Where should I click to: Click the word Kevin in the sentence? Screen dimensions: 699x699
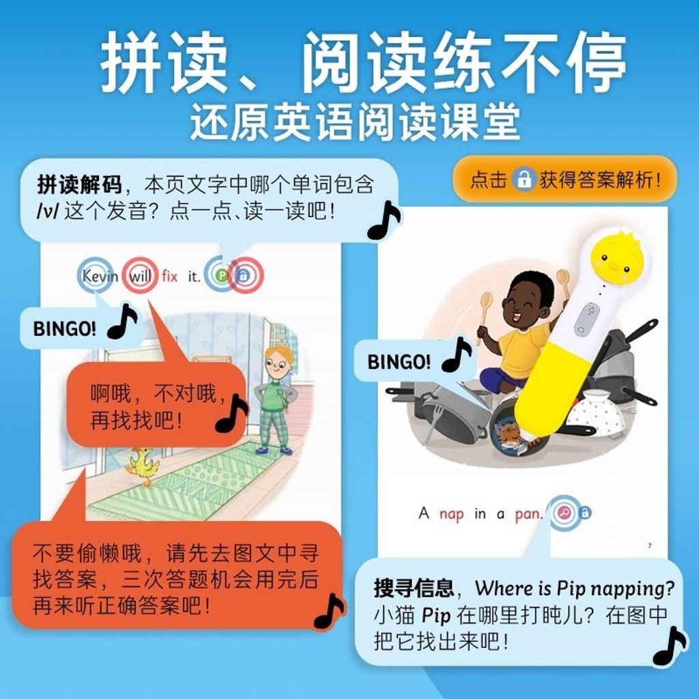(100, 276)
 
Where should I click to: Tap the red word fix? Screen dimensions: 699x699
(169, 276)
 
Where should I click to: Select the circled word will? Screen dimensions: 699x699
(140, 276)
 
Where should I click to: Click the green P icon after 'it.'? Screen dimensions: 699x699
(222, 276)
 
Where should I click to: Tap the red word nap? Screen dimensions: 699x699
(452, 515)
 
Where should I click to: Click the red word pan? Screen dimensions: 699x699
(529, 515)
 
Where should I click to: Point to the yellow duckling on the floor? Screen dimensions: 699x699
(143, 466)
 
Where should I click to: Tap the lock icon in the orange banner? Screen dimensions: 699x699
(524, 180)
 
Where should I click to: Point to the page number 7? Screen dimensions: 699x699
(650, 545)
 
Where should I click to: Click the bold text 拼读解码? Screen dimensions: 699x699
(79, 184)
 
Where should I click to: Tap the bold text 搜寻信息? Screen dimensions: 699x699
(414, 588)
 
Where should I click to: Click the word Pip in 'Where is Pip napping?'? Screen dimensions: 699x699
(571, 589)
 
